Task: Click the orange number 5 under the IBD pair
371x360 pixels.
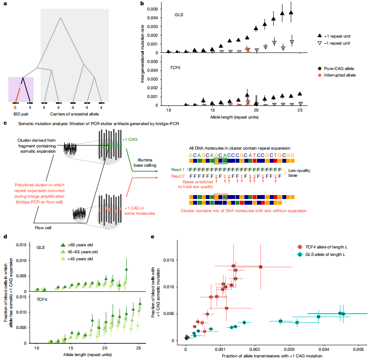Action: pyautogui.click(x=14, y=106)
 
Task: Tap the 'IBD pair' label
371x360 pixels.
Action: pyautogui.click(x=22, y=114)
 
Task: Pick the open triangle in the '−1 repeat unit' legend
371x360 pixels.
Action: pyautogui.click(x=320, y=43)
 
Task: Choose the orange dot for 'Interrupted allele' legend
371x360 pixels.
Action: pyautogui.click(x=320, y=75)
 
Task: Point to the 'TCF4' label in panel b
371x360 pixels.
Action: pyautogui.click(x=177, y=68)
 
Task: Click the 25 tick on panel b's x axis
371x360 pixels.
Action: pyautogui.click(x=299, y=110)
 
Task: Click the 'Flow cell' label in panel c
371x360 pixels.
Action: pyautogui.click(x=44, y=227)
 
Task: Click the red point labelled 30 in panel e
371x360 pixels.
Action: pyautogui.click(x=260, y=266)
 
